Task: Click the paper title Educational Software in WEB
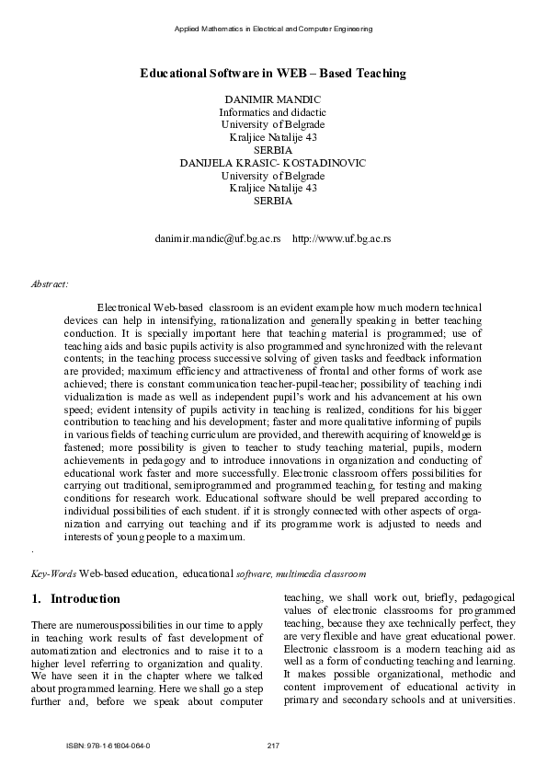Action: click(272, 73)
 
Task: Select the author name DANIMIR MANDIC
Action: click(272, 98)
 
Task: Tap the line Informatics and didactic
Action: click(272, 111)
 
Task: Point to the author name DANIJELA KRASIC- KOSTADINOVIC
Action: click(272, 163)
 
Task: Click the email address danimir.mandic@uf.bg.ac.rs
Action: click(217, 238)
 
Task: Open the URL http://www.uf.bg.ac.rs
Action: click(341, 238)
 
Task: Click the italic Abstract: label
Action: click(49, 284)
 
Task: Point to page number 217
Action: click(272, 745)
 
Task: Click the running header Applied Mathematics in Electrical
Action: click(272, 29)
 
